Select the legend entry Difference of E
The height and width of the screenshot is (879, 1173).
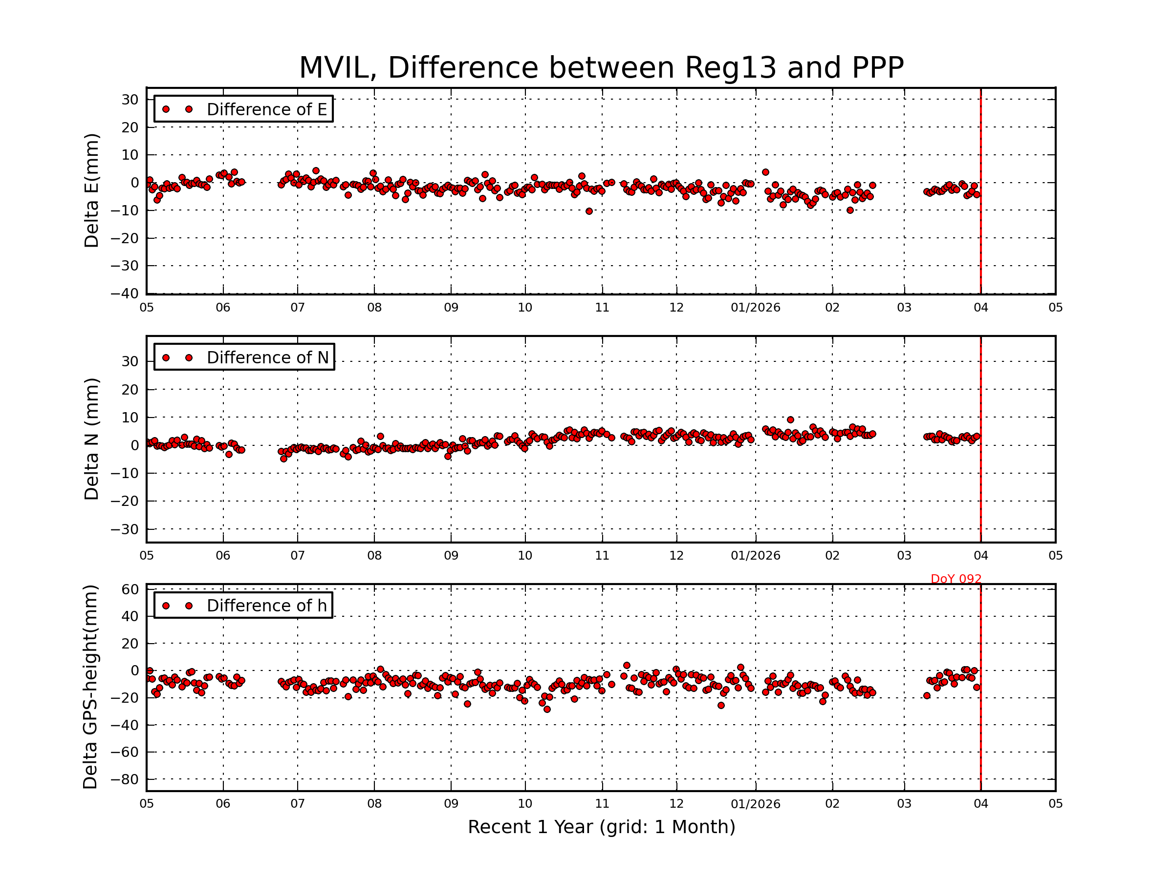(x=266, y=110)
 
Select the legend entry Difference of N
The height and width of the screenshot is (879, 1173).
(x=267, y=357)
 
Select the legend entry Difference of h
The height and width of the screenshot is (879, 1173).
(x=266, y=606)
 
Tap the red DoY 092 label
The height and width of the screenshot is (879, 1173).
(x=956, y=579)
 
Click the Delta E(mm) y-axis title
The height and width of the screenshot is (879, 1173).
(x=91, y=191)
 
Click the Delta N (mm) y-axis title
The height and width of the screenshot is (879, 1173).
(x=91, y=439)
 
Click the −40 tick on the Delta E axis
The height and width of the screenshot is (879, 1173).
(x=124, y=293)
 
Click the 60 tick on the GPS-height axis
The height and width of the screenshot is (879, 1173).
(x=130, y=589)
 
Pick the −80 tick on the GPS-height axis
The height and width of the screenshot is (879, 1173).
(x=124, y=779)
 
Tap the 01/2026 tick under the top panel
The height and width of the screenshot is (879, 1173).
(x=755, y=308)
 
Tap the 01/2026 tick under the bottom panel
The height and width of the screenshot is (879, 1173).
(x=755, y=804)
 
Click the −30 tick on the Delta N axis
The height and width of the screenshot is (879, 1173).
(x=124, y=529)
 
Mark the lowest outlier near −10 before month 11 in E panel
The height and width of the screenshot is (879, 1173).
(x=588, y=211)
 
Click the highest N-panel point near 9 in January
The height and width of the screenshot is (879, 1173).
(x=790, y=419)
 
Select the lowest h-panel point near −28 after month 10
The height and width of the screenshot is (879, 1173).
(x=547, y=710)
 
